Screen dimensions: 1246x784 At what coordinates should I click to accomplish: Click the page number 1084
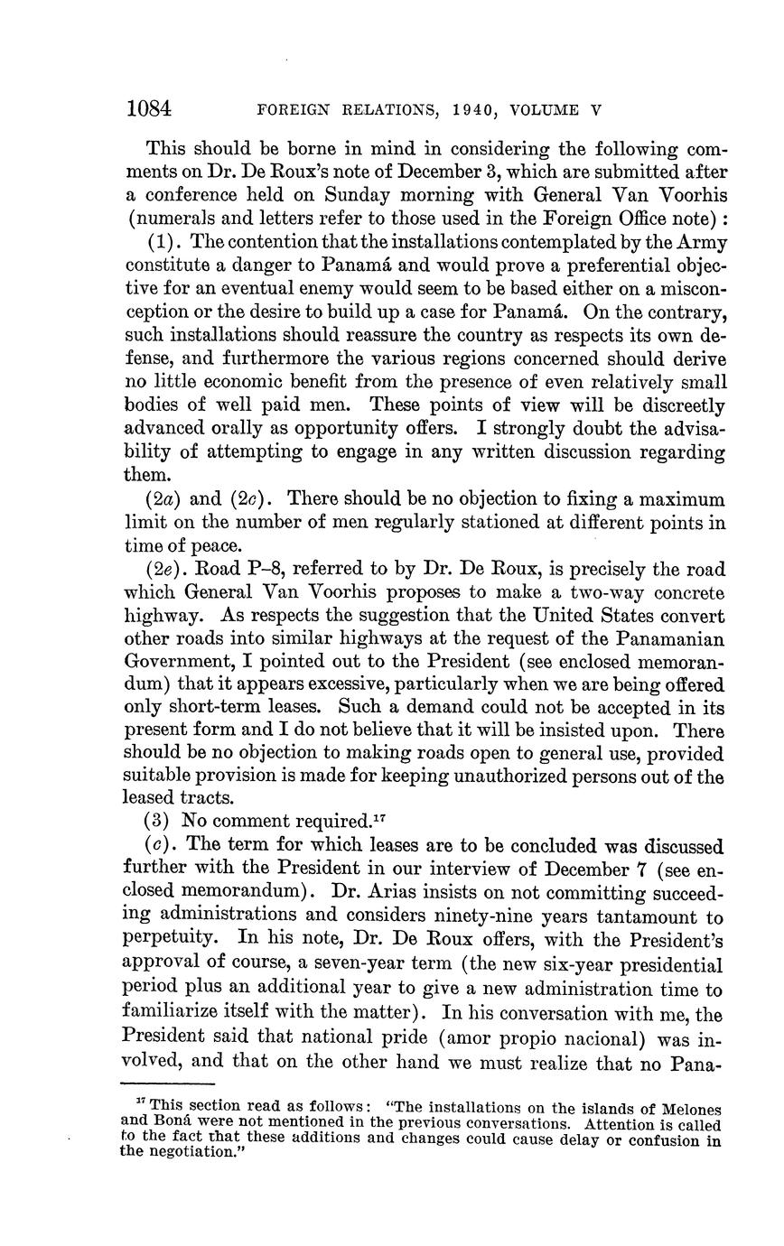149,110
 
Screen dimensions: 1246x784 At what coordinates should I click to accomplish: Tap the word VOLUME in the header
546,111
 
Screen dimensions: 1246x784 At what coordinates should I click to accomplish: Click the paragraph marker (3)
160,822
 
